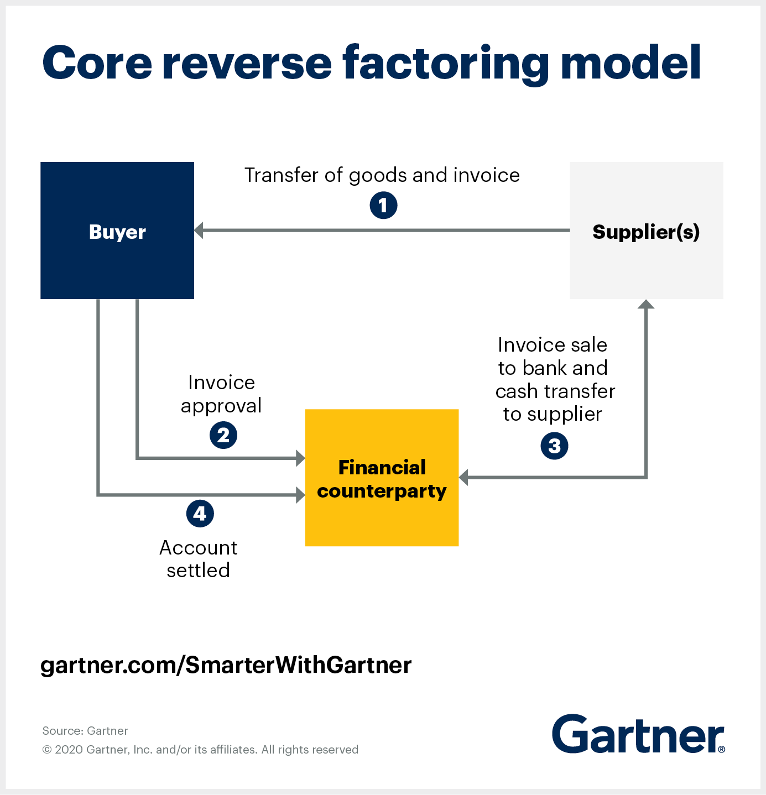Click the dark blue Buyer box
click(117, 231)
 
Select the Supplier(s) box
click(646, 231)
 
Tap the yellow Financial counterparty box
click(382, 478)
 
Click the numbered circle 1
click(383, 205)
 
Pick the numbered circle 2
click(223, 435)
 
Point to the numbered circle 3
click(554, 446)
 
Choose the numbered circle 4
click(200, 514)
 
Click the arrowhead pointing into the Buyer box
click(199, 231)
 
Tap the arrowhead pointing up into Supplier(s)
click(646, 304)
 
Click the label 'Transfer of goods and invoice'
click(382, 175)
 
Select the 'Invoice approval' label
click(221, 394)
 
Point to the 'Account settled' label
click(198, 559)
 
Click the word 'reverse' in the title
click(247, 64)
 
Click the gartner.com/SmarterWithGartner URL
click(226, 666)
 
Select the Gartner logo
click(638, 734)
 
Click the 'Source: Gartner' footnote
click(85, 731)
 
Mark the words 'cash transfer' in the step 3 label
click(555, 391)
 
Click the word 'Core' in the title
click(97, 64)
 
